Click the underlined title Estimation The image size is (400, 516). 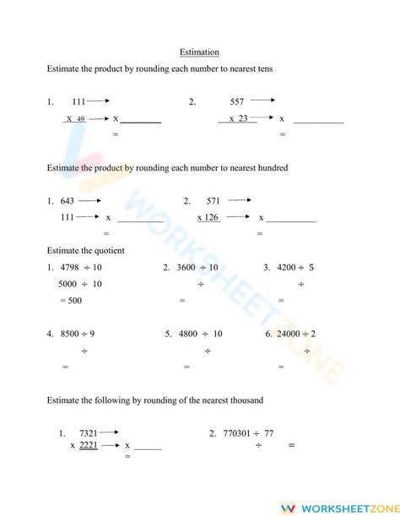199,52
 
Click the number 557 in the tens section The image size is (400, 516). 237,101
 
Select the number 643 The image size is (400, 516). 68,201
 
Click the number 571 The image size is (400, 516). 213,201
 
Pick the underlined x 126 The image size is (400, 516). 208,217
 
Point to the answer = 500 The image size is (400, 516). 71,300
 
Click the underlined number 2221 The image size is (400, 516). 89,445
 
